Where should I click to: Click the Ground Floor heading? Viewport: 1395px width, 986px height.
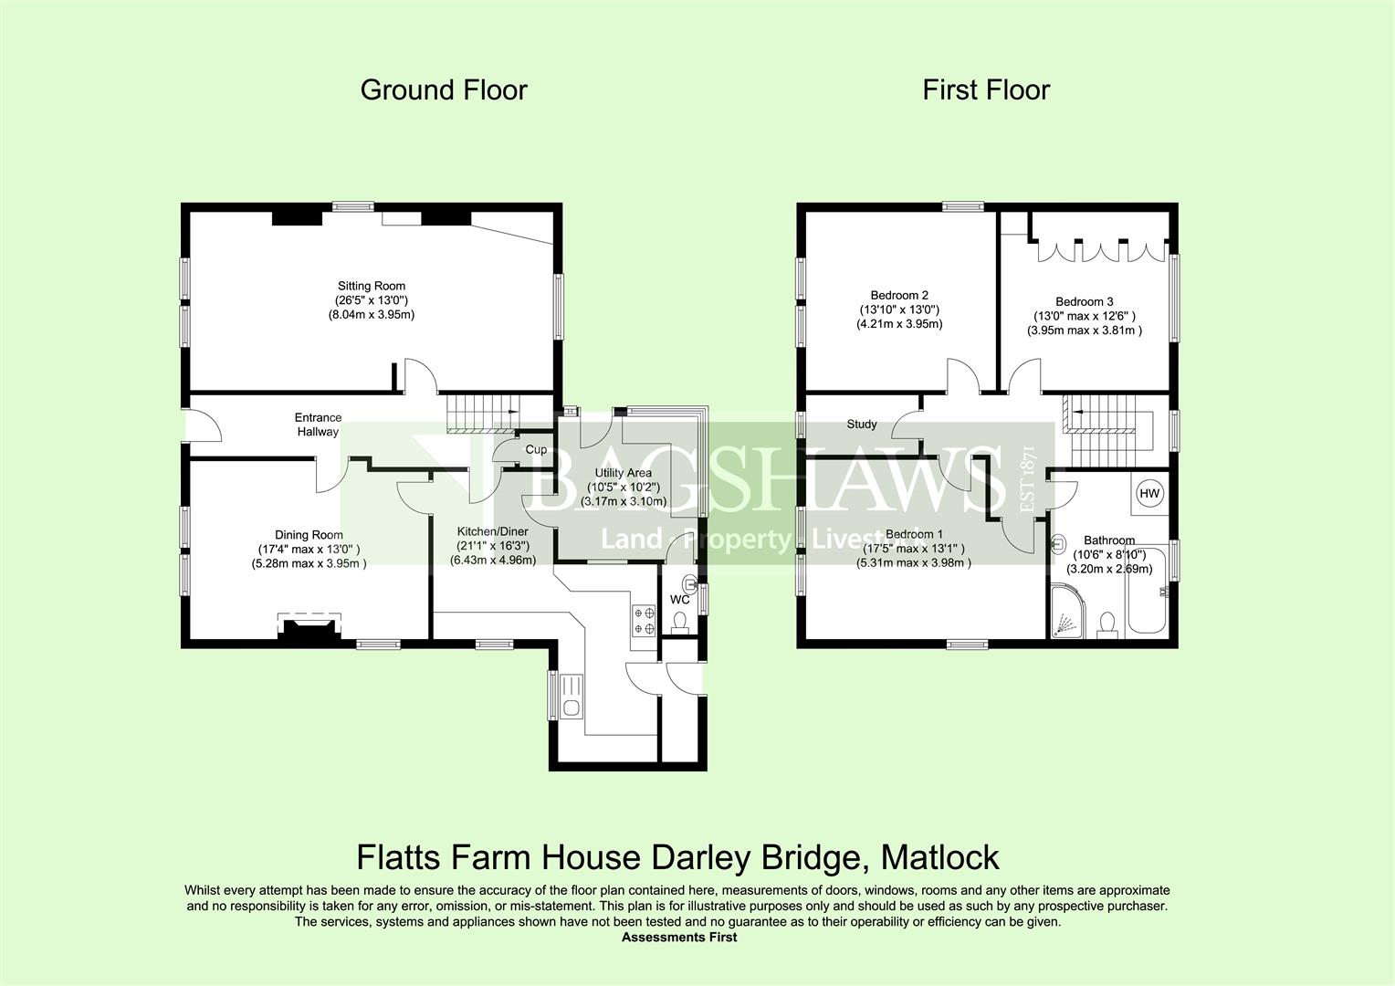(x=444, y=90)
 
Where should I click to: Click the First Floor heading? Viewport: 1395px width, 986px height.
(x=986, y=90)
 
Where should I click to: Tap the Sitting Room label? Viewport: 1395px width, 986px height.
(x=372, y=286)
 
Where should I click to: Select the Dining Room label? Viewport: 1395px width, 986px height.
(x=309, y=534)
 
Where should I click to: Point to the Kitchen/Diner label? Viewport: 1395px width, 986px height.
(x=493, y=531)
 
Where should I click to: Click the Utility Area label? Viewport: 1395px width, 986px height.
(x=623, y=473)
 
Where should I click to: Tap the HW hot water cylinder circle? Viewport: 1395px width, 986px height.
(x=1149, y=493)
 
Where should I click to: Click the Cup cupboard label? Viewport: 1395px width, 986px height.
(x=536, y=449)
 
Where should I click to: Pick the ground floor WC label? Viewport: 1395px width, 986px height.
(x=679, y=600)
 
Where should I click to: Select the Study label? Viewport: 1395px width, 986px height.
(x=861, y=425)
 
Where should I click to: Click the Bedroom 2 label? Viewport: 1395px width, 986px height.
(x=899, y=295)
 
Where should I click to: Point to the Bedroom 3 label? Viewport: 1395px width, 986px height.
(x=1085, y=301)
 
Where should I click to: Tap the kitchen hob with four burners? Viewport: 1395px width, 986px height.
(x=644, y=621)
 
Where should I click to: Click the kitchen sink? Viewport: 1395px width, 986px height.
(x=571, y=697)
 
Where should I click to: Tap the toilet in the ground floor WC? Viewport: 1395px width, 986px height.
(x=680, y=623)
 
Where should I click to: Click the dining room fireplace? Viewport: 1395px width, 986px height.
(x=309, y=627)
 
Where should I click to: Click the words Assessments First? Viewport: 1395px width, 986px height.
(x=679, y=938)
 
